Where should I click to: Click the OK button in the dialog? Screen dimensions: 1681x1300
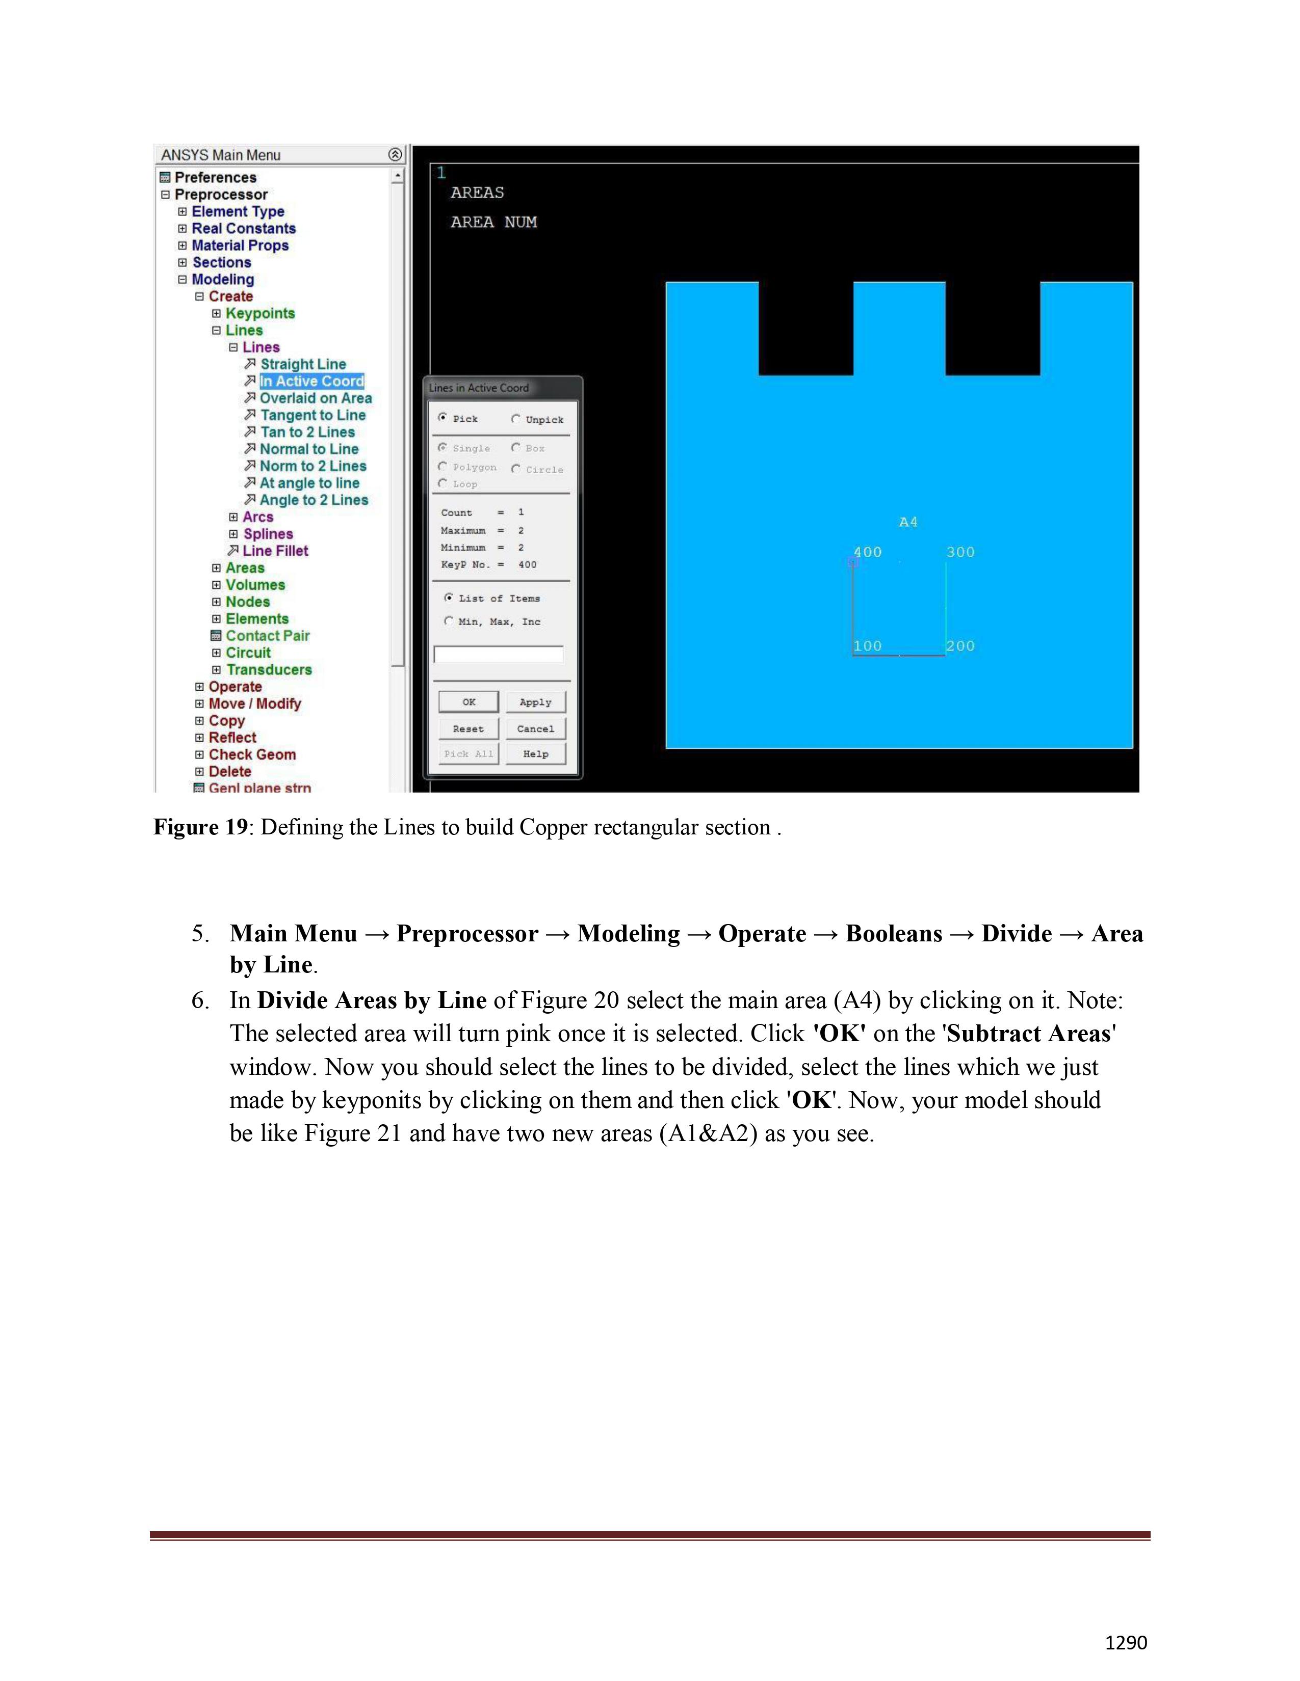point(468,702)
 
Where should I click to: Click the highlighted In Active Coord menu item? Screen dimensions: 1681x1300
point(311,381)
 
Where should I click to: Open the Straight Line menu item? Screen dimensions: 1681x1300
point(303,364)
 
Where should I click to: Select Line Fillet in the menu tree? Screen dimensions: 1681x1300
point(275,550)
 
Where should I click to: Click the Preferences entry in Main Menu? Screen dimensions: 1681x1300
point(215,177)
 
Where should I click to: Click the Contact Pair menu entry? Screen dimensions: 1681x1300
point(267,636)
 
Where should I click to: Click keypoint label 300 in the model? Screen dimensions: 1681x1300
point(960,552)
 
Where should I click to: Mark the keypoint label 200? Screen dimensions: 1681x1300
point(960,646)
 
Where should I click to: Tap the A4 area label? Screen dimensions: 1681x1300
point(908,522)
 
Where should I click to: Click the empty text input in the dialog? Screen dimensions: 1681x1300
point(498,654)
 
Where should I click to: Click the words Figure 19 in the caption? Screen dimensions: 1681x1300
point(200,827)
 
